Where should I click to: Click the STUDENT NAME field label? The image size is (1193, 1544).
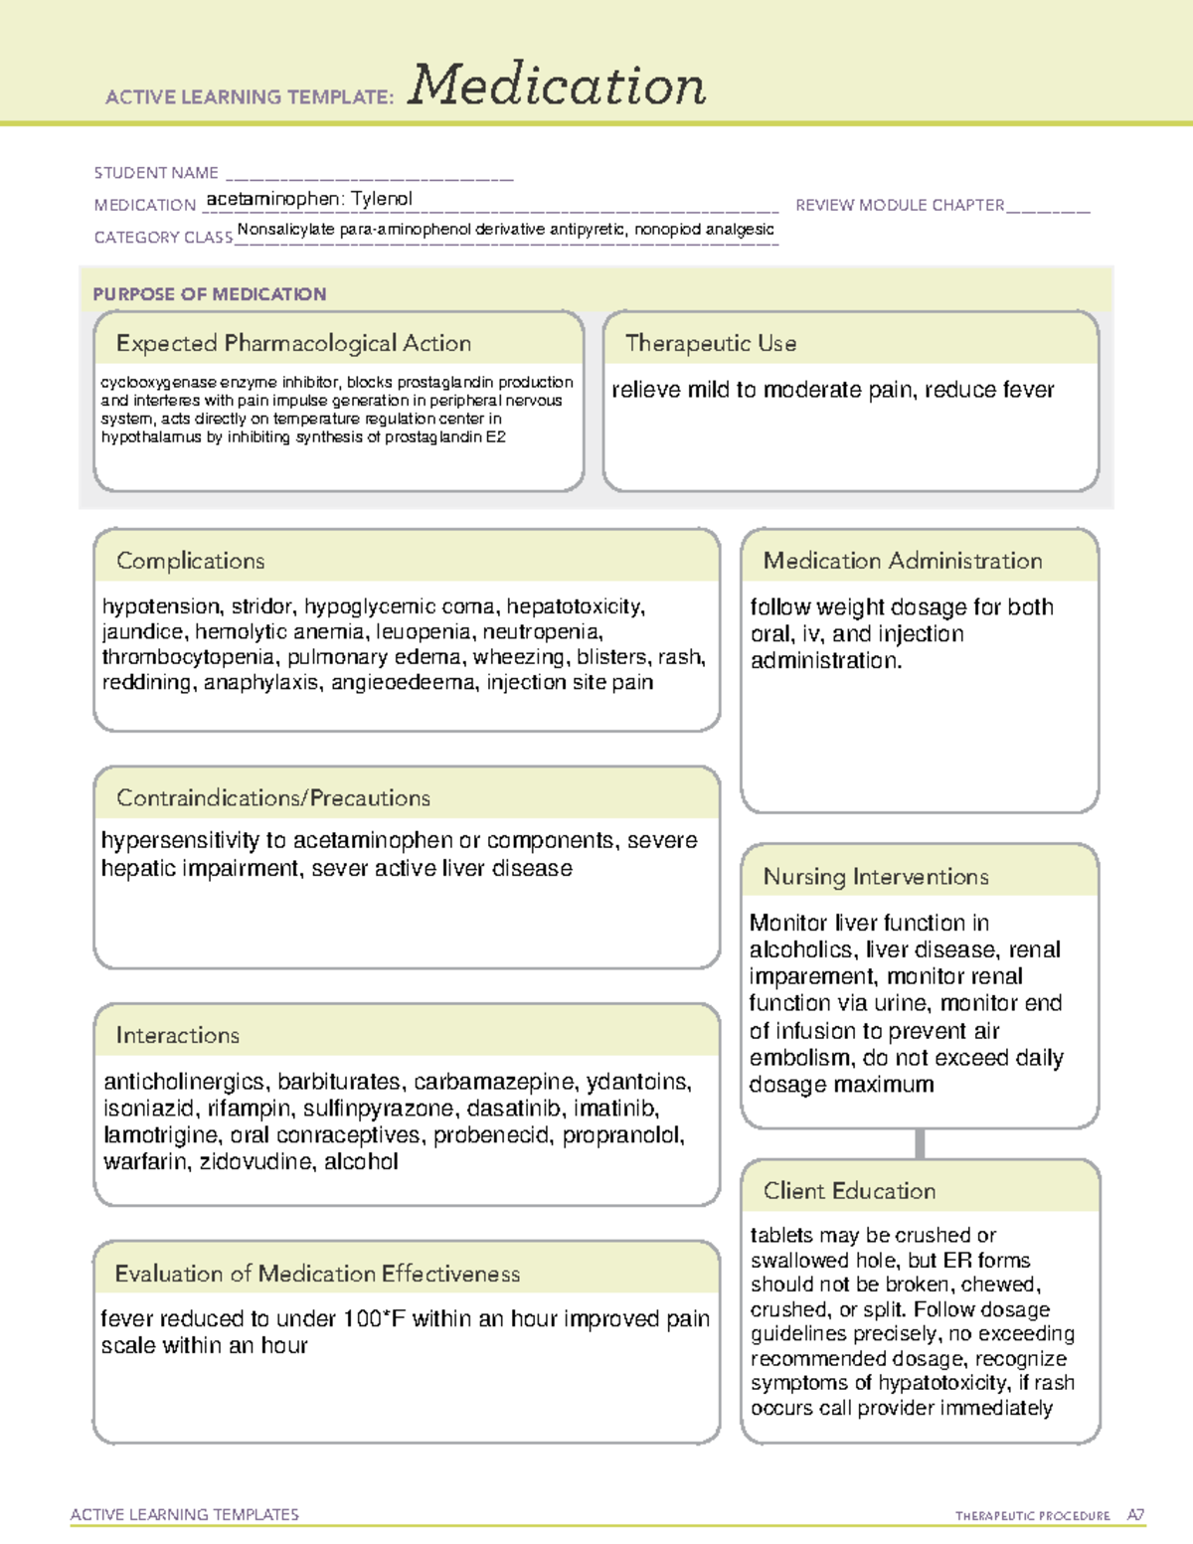pos(156,173)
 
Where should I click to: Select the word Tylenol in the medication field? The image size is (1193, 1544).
pos(382,199)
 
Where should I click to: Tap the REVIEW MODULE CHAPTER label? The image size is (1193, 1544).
pos(900,205)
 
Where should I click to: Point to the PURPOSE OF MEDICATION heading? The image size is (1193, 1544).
pos(210,294)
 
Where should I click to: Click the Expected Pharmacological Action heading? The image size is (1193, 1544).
pos(293,343)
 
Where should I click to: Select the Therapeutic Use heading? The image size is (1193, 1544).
pos(710,343)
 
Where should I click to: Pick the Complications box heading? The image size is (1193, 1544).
pos(190,561)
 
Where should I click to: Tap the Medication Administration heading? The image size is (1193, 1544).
pos(902,561)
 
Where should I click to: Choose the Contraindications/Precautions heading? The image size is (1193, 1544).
pos(272,797)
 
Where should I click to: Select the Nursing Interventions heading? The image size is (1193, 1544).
pos(875,876)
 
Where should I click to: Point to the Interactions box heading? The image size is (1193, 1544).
pos(177,1035)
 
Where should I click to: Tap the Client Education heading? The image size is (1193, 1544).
pos(849,1190)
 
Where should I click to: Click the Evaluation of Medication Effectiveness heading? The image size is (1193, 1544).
pos(317,1274)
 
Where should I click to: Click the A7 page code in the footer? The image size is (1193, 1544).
pos(1134,1515)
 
